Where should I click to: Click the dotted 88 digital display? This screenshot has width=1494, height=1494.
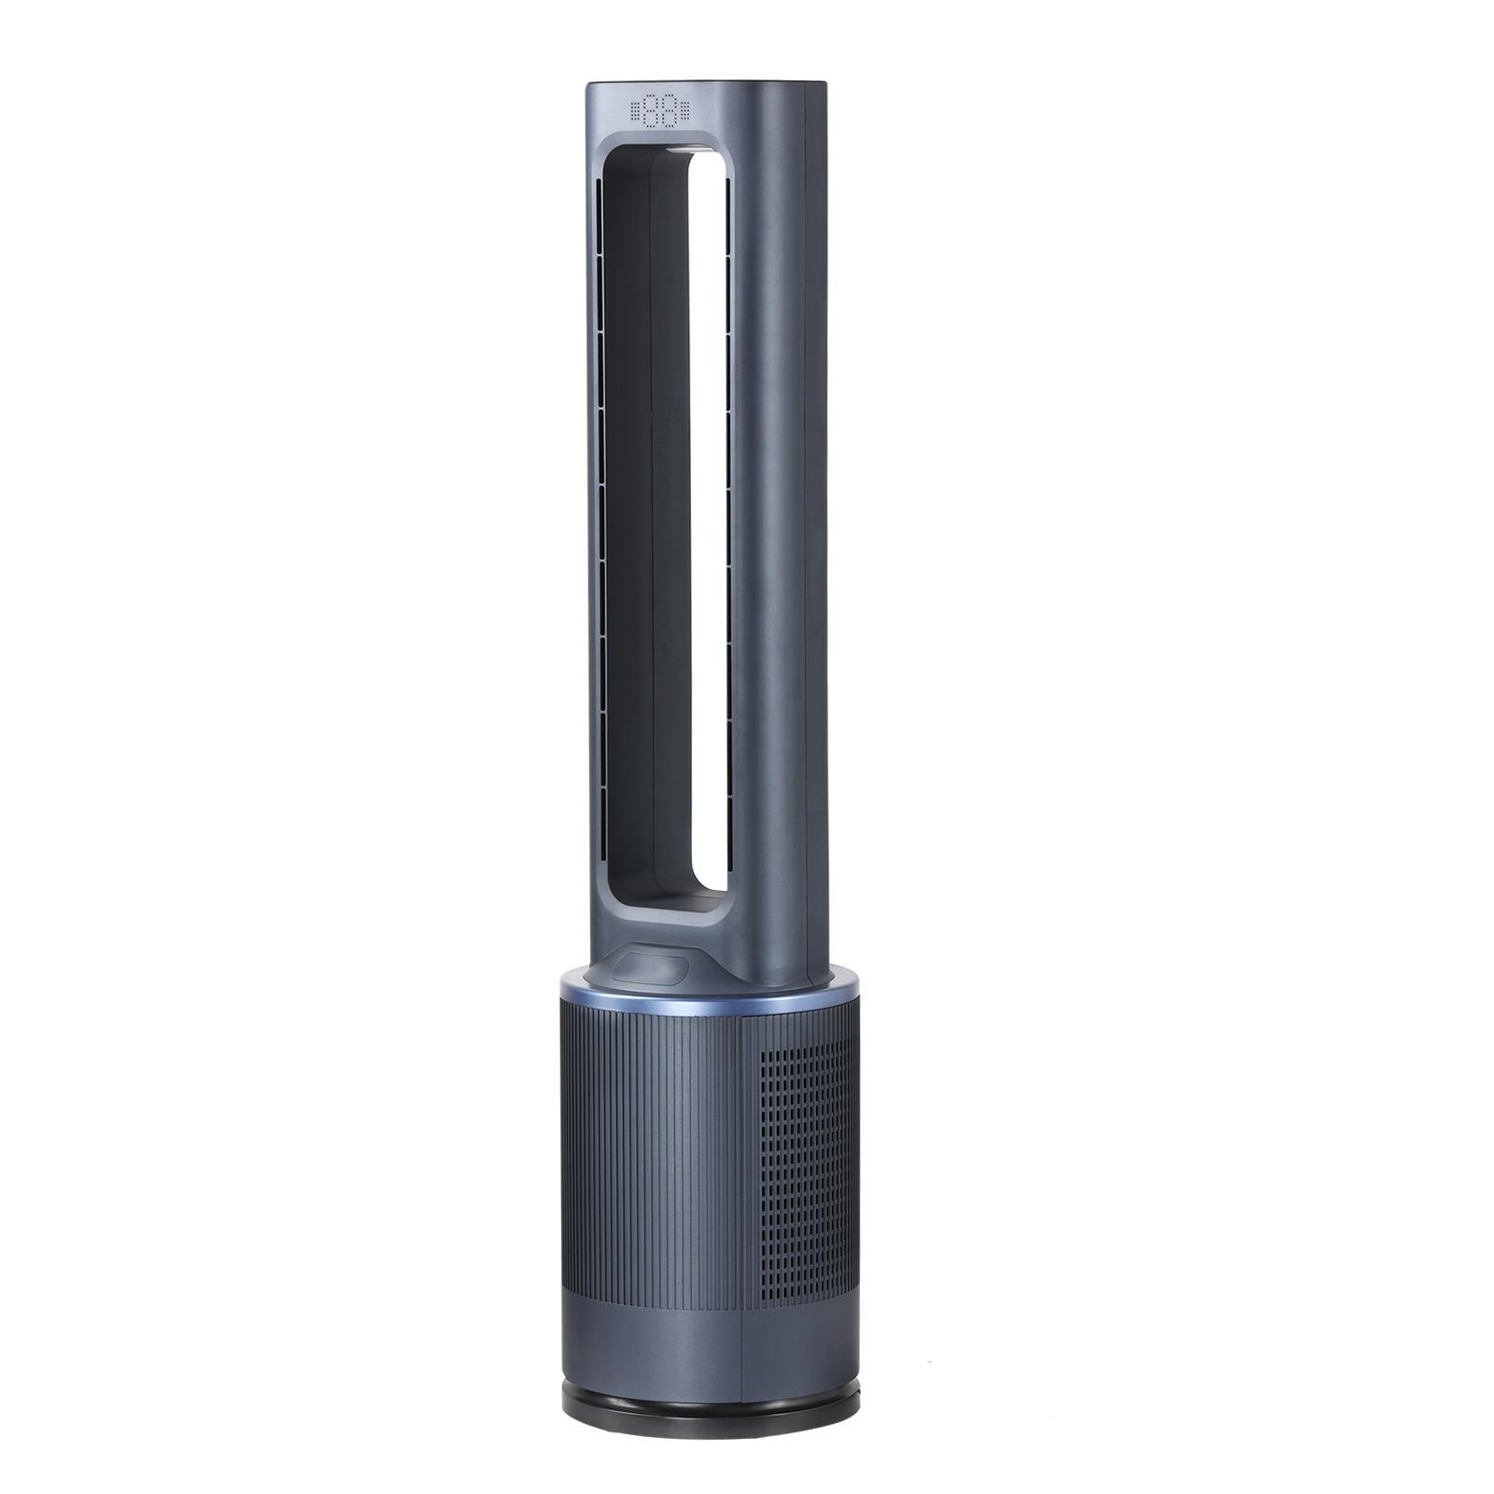point(660,110)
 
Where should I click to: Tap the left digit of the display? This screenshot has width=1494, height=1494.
point(649,110)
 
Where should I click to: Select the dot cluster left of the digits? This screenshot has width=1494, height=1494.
point(635,110)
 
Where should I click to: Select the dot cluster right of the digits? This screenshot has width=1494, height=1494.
point(685,110)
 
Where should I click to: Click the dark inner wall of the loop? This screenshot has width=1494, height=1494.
point(627,523)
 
